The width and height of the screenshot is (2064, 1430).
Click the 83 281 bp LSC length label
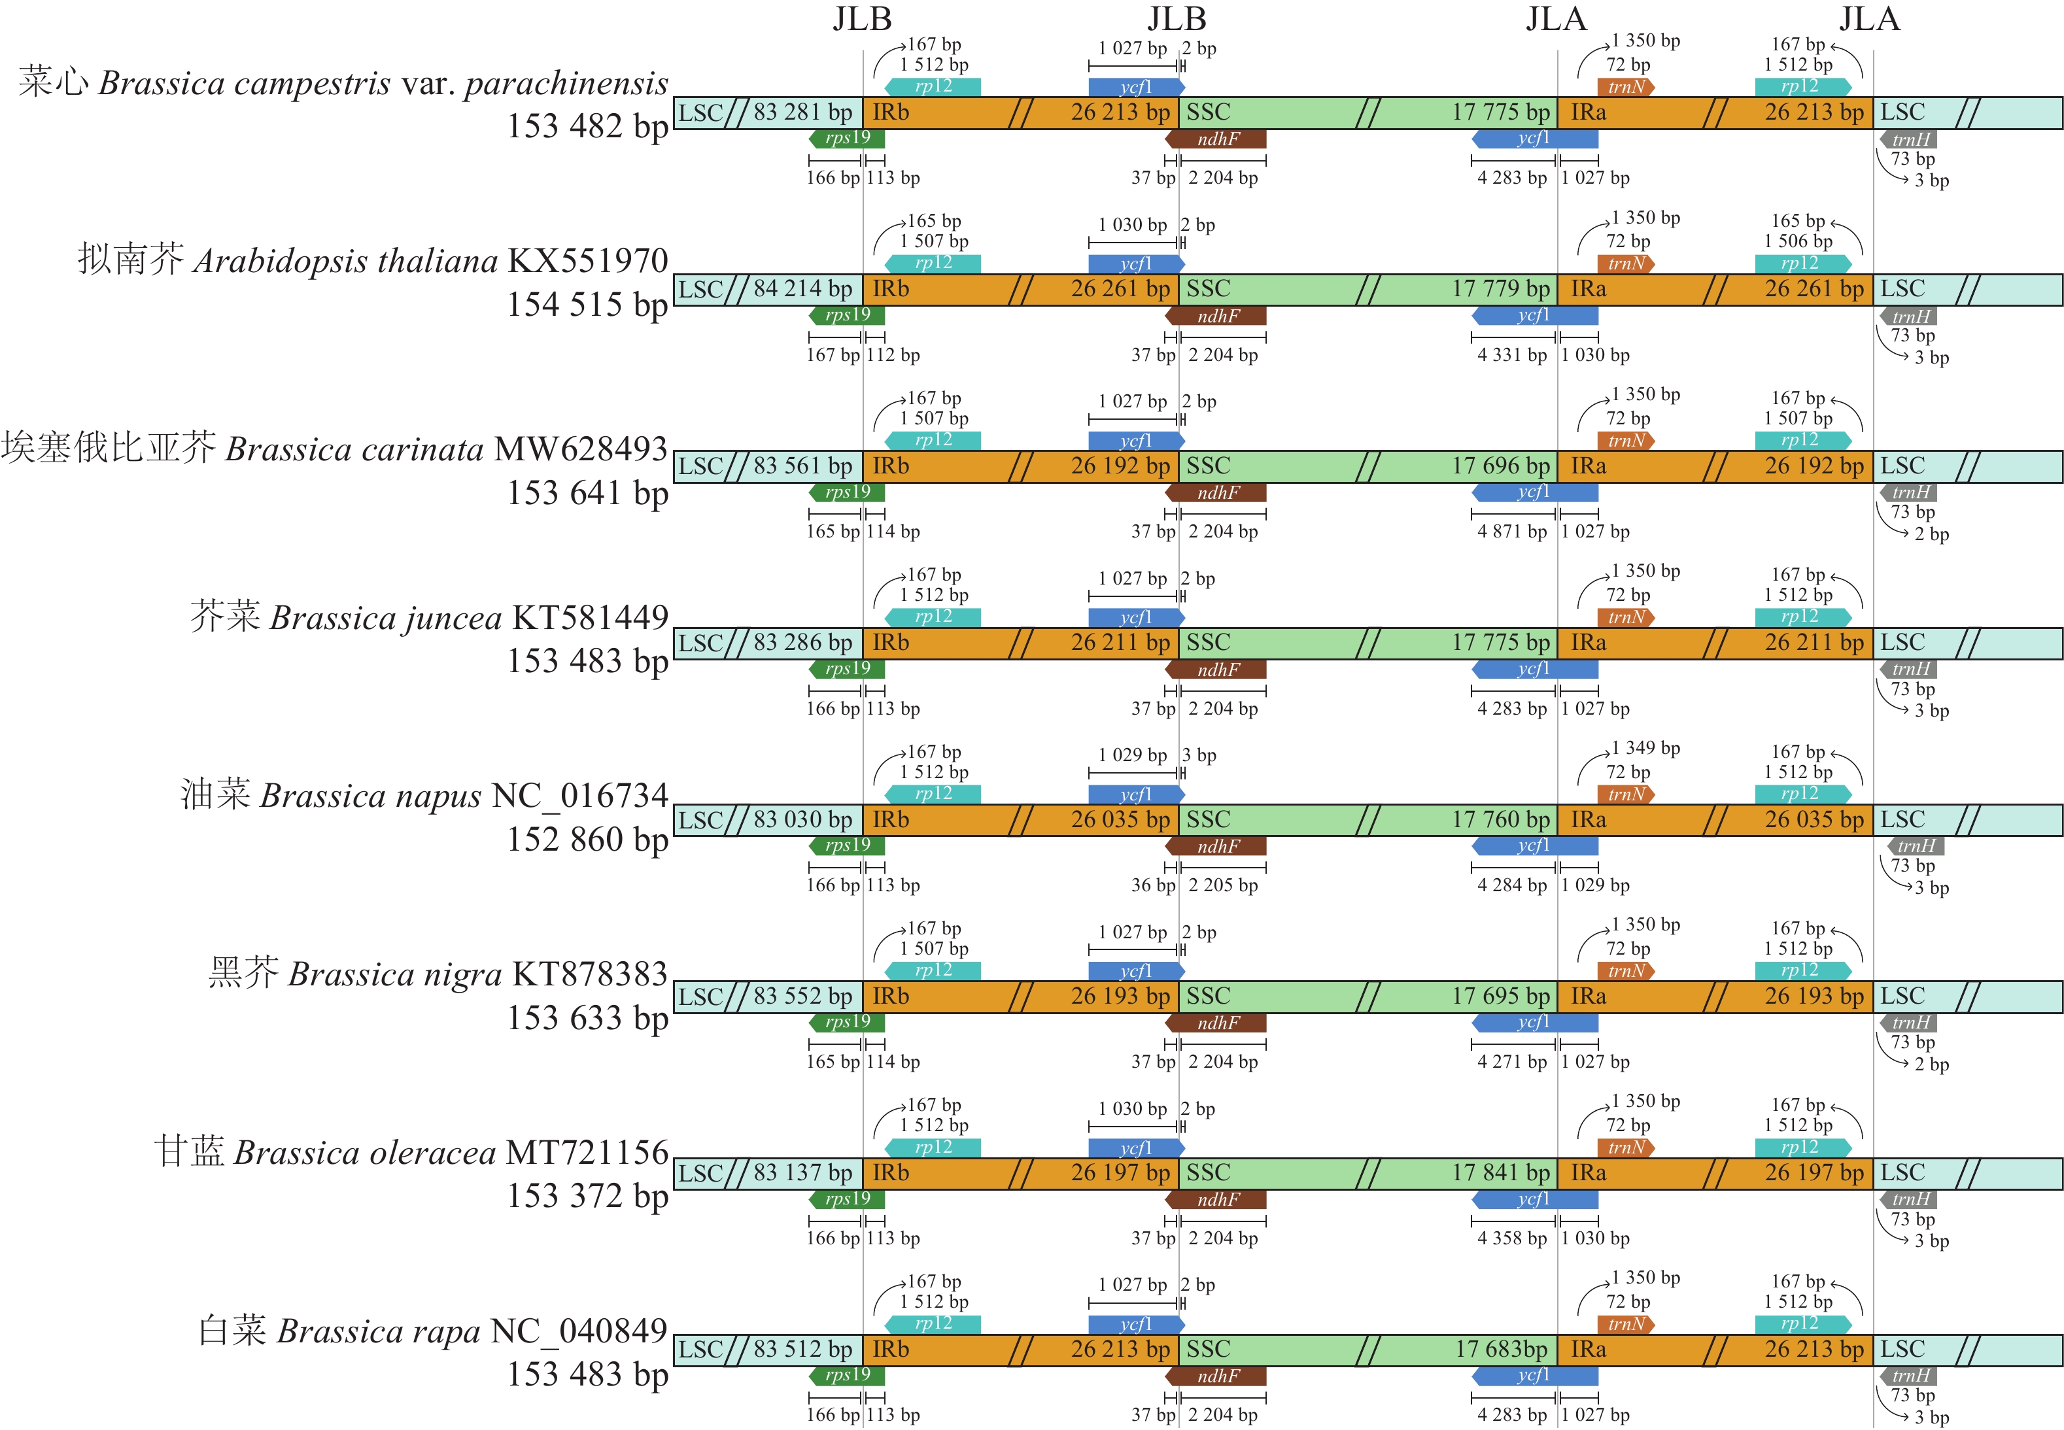(802, 113)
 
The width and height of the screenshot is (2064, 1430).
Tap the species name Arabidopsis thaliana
(345, 262)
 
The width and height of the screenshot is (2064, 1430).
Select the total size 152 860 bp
(587, 840)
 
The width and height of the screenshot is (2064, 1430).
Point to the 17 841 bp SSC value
(1500, 1173)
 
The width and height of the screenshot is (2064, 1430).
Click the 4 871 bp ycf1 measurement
(1512, 532)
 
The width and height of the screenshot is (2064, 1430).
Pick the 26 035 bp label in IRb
(1120, 820)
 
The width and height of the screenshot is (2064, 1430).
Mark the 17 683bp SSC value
(1501, 1350)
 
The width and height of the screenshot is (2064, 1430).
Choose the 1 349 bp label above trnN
(1645, 748)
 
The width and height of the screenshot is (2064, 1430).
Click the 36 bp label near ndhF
(1152, 885)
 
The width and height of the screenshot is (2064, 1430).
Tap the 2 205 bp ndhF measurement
(1222, 885)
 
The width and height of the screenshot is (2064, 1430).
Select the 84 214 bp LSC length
(802, 290)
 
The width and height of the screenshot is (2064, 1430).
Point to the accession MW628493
(581, 449)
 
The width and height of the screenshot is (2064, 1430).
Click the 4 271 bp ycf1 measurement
(1512, 1062)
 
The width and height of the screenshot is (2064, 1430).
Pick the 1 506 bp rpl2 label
(1798, 241)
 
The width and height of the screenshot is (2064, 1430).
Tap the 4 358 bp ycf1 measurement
(1512, 1238)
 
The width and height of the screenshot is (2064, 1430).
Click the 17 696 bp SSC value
(1500, 466)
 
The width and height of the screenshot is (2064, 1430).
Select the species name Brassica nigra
(394, 975)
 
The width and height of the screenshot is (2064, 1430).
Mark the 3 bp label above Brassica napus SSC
(1198, 755)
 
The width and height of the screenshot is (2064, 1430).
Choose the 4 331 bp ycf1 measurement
(1512, 355)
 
